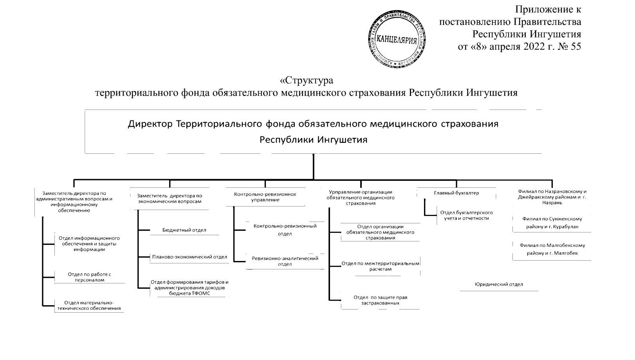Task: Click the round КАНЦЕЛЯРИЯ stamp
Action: [x=397, y=39]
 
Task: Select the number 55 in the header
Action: [x=576, y=47]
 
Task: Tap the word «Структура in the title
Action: [x=307, y=81]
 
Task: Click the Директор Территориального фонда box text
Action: [x=313, y=132]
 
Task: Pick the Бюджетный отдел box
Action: [x=184, y=230]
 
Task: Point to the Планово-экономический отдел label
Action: [x=189, y=257]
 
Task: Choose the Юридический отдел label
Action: [x=499, y=284]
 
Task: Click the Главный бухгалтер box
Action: [x=456, y=193]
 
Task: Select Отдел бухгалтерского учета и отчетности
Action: [x=466, y=216]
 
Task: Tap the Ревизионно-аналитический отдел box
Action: [x=285, y=261]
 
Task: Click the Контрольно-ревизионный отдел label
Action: [x=285, y=230]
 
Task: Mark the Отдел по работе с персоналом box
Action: [x=90, y=277]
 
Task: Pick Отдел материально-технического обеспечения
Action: [x=89, y=306]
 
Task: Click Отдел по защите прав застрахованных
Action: [x=380, y=300]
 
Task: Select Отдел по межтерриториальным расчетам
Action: [x=381, y=266]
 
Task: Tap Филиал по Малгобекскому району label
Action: [x=552, y=249]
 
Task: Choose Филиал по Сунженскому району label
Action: [x=552, y=223]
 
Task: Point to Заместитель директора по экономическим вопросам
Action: [x=170, y=198]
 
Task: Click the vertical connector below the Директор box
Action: [x=313, y=167]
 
